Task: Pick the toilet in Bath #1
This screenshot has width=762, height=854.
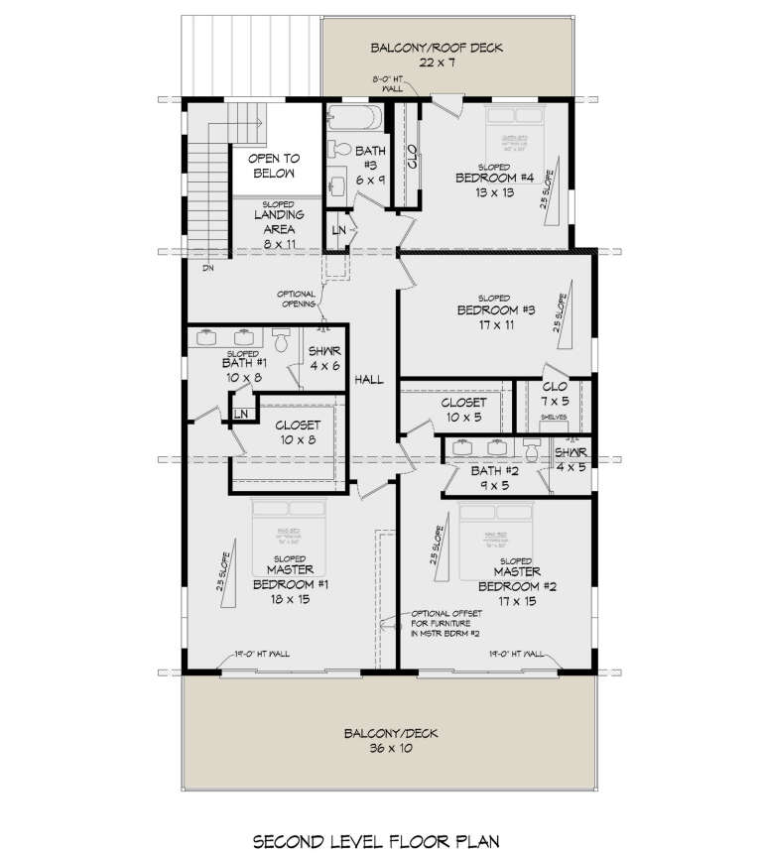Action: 281,342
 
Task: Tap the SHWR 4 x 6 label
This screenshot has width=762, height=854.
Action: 324,357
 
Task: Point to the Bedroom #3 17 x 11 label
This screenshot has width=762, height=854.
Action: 495,316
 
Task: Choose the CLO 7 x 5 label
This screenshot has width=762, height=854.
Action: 556,394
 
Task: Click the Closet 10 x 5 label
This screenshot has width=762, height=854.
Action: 463,409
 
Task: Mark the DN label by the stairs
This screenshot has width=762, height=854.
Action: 207,268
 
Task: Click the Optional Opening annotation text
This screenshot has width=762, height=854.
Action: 296,299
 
